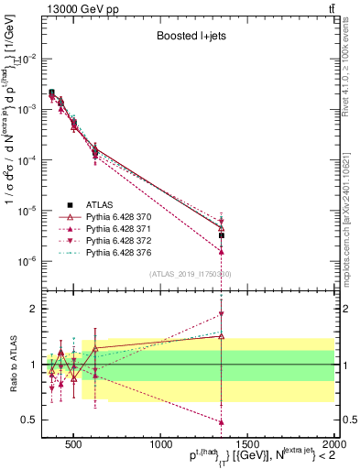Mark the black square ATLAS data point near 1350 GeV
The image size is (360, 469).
click(222, 235)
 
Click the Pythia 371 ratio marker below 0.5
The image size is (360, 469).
click(222, 422)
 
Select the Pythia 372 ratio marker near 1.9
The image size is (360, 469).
click(222, 314)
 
